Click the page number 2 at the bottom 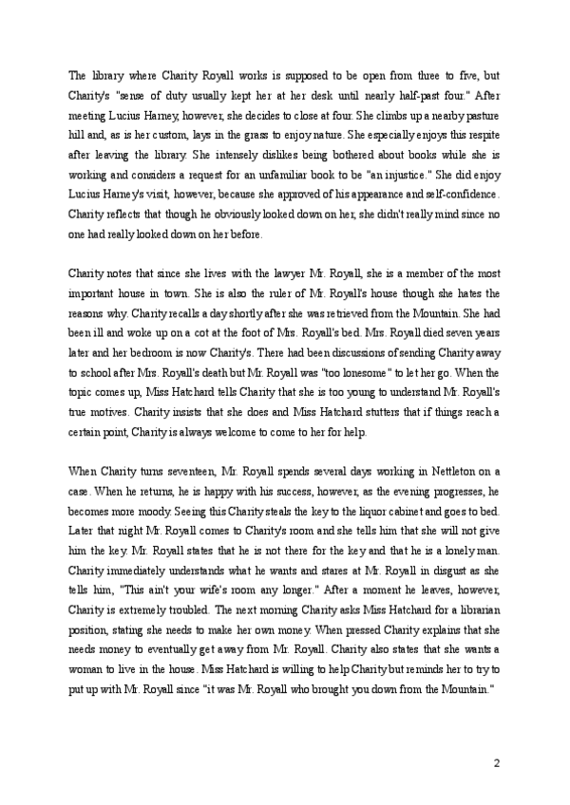tap(496, 762)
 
